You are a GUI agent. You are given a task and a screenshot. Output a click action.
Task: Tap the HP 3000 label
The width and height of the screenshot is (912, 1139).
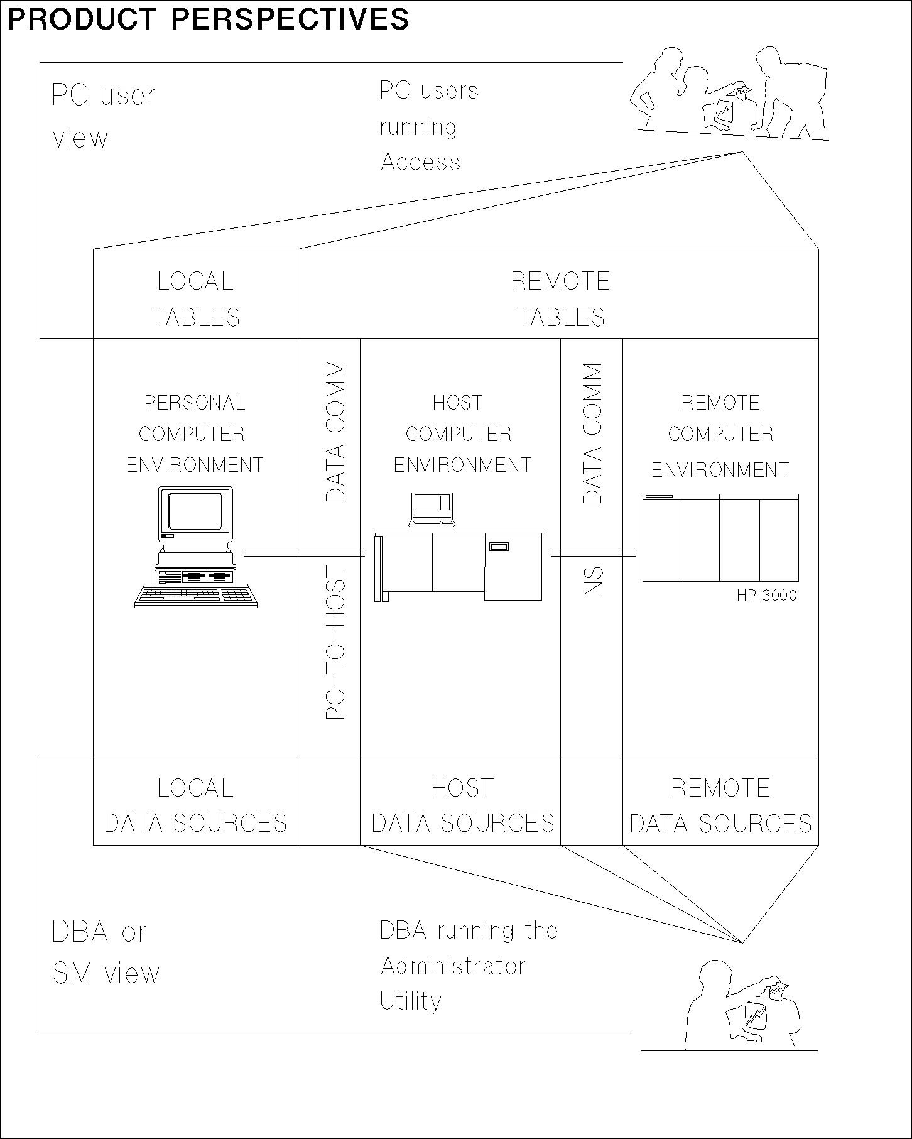tap(766, 595)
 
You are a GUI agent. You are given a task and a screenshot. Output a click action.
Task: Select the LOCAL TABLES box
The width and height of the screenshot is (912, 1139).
tap(195, 299)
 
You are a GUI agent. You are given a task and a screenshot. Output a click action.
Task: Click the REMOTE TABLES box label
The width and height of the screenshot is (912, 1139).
tap(560, 299)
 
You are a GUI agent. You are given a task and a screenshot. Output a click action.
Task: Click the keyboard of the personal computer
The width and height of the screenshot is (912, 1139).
tap(196, 596)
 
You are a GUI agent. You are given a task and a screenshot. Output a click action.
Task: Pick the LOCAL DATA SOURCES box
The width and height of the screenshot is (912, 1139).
tap(195, 805)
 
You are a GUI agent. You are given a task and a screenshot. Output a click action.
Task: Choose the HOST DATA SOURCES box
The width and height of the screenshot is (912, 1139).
tap(462, 805)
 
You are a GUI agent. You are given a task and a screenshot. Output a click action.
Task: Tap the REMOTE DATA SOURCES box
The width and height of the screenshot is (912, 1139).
tap(720, 805)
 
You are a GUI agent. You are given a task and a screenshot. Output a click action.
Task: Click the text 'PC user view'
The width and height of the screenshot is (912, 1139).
tap(102, 117)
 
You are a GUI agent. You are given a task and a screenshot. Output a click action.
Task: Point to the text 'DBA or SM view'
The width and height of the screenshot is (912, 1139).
tap(105, 952)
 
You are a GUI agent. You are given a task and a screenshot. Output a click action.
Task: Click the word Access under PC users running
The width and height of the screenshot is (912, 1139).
tap(420, 163)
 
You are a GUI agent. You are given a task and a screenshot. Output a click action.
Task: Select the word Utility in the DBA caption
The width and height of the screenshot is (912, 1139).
tap(411, 1001)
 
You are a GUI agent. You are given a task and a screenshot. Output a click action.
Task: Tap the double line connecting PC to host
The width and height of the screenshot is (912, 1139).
tap(304, 553)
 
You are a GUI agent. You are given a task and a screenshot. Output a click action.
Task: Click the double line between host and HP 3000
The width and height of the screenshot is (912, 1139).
tap(594, 553)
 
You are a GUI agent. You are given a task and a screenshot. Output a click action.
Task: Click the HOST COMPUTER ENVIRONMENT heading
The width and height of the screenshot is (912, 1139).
tap(461, 433)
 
